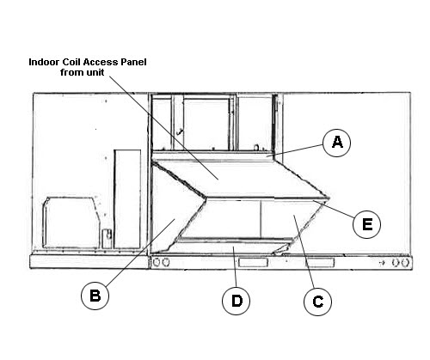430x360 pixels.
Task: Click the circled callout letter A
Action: pos(337,143)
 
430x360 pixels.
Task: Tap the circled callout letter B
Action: pos(95,296)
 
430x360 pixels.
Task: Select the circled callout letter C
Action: pos(317,302)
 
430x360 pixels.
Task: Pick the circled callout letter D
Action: pos(236,301)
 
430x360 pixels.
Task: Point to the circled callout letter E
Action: pos(366,224)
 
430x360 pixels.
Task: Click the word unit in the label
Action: pos(95,72)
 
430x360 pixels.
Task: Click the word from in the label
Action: pos(71,72)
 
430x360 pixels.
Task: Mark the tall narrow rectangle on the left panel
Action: pos(127,198)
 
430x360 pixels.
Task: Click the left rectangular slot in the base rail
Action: pos(253,262)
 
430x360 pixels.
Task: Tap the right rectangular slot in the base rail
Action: pos(320,262)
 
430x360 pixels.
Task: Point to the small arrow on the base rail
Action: pos(382,263)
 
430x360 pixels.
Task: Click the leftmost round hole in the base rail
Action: pos(157,262)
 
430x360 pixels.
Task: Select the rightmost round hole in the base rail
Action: pos(404,263)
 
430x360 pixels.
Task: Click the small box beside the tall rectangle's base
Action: pos(107,238)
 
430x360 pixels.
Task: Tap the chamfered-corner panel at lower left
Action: pos(71,223)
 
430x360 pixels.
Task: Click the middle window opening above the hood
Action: pos(206,124)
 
